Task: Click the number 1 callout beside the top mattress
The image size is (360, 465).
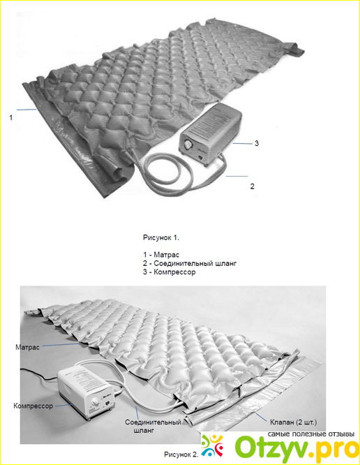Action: [11, 118]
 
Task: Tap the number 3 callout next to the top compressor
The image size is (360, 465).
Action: [257, 143]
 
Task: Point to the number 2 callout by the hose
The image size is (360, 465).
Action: [252, 186]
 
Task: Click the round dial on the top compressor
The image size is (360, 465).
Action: [188, 145]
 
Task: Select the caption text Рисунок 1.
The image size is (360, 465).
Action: [161, 237]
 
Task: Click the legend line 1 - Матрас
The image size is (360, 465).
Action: [161, 254]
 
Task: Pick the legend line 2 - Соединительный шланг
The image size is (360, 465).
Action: [190, 263]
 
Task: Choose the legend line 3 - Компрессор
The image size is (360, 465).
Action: [169, 272]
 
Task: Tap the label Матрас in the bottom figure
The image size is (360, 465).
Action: [27, 347]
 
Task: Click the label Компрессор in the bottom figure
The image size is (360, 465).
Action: [33, 406]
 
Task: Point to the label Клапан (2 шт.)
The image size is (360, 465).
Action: [293, 422]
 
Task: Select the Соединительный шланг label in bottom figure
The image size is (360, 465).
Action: [153, 426]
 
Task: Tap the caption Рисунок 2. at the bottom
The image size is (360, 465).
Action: [181, 455]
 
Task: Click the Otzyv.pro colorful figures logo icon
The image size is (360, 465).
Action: [212, 445]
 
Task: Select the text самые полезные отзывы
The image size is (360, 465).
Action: [311, 434]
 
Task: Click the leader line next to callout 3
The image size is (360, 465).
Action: [241, 144]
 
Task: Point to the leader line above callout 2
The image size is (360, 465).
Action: [237, 176]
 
